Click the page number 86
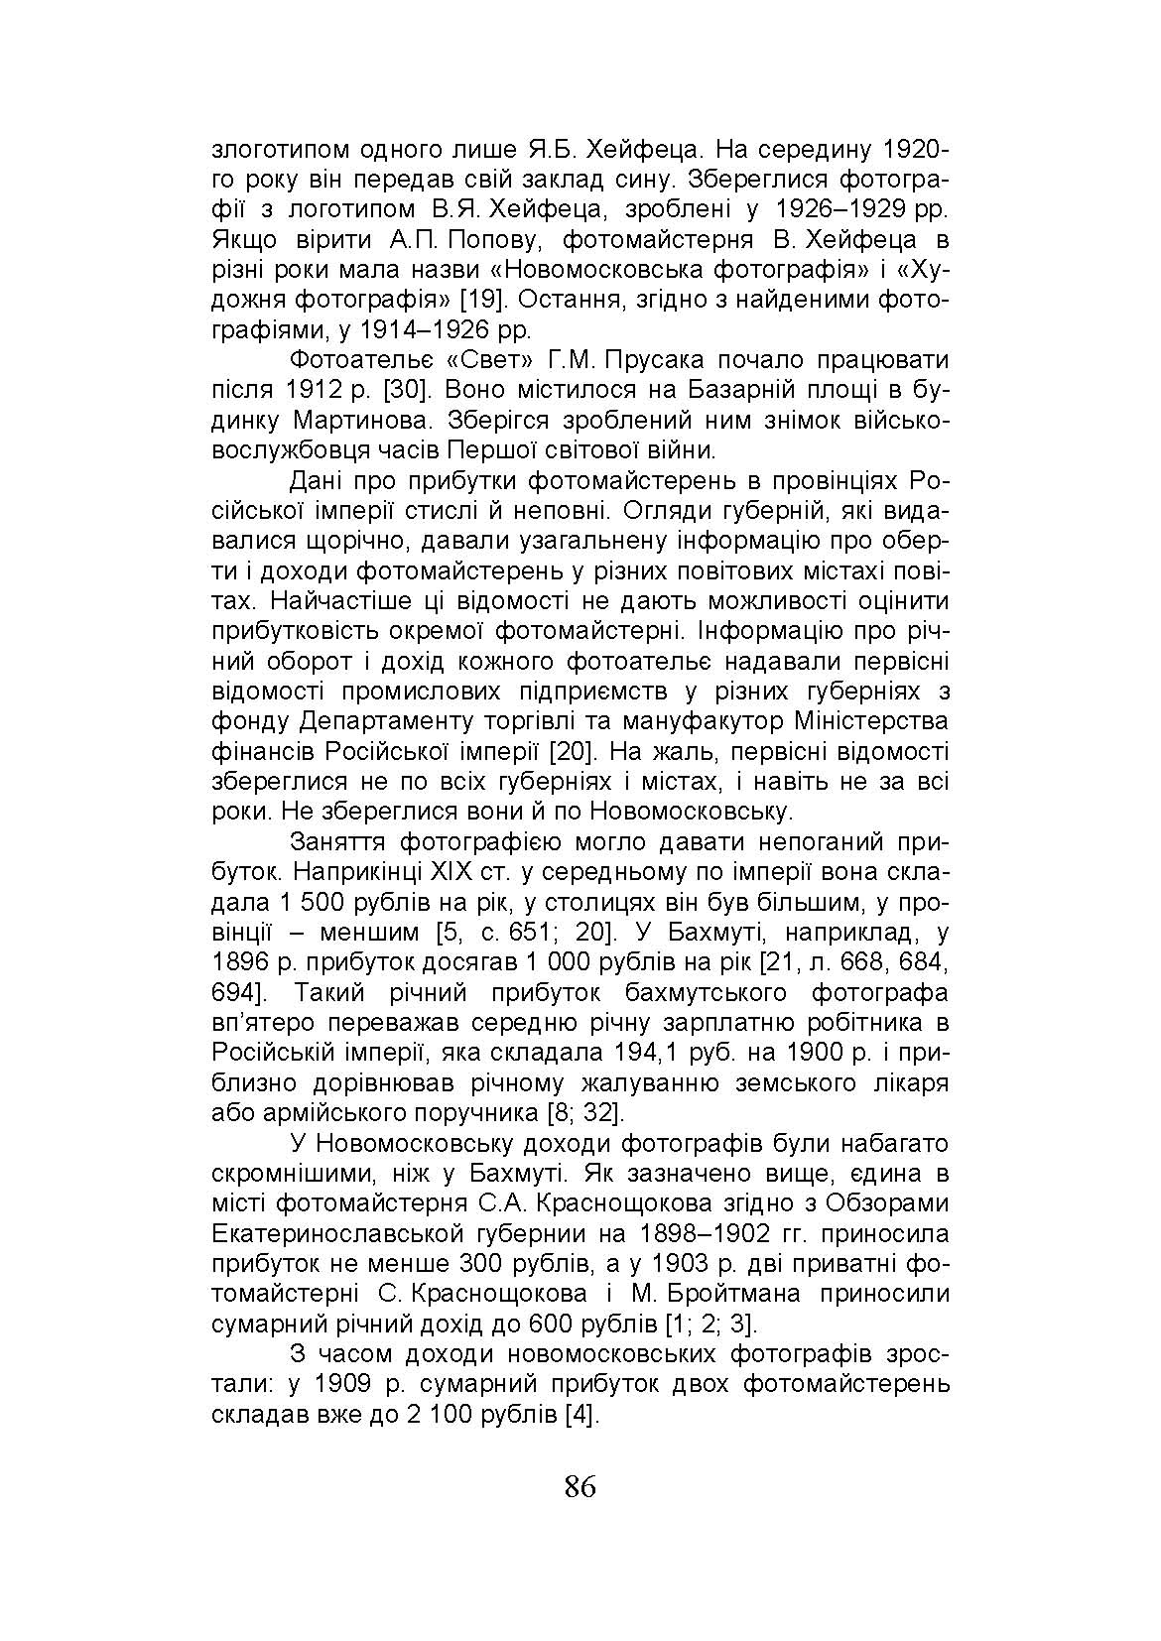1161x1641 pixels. click(580, 1487)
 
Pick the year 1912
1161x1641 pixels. click(320, 390)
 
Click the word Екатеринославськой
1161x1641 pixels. click(352, 1233)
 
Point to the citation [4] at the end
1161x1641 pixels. click(582, 1414)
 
